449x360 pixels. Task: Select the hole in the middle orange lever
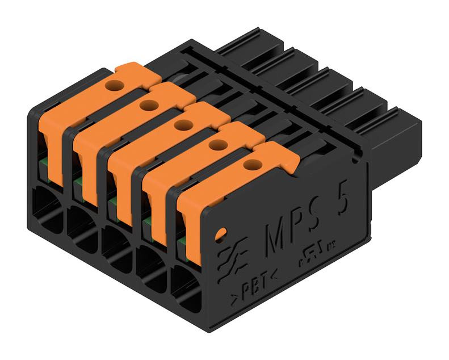[x=182, y=124]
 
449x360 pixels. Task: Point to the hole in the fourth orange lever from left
[x=215, y=145]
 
